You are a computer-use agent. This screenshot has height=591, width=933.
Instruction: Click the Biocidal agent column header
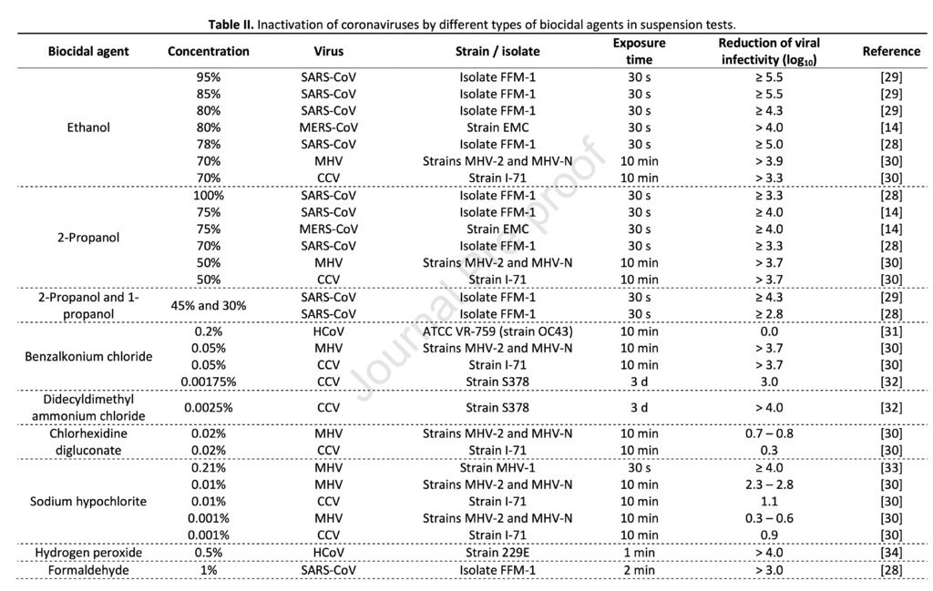tap(88, 51)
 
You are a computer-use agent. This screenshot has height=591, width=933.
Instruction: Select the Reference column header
tap(891, 51)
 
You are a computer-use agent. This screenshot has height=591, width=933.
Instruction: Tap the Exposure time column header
tap(639, 51)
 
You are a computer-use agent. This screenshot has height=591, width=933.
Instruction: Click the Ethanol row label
tap(88, 127)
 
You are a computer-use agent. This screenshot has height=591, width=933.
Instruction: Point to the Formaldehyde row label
tap(88, 570)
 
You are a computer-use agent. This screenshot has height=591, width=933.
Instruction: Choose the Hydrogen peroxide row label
tap(88, 553)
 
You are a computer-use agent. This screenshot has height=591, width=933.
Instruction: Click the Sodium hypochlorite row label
tap(88, 501)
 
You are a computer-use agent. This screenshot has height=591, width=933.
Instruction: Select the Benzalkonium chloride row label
tap(88, 356)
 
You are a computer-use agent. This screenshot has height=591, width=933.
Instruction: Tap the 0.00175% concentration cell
tap(209, 382)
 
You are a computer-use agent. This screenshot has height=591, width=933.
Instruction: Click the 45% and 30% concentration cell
tap(209, 306)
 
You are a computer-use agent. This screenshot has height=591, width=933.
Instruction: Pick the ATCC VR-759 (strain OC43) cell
tap(497, 331)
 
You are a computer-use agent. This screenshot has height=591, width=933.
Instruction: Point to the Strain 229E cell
tap(497, 553)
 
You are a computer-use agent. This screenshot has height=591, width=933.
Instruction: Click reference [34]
tap(891, 553)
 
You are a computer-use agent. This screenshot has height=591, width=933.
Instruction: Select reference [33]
tap(891, 467)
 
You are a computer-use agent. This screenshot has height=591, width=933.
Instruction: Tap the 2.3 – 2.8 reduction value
tap(769, 484)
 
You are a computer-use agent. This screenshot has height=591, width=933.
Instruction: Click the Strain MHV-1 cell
tap(497, 467)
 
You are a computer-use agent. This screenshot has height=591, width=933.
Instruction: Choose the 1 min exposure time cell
tap(639, 553)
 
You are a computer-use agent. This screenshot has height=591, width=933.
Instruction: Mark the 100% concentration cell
tap(209, 195)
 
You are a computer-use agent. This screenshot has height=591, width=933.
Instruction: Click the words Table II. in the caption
tap(231, 25)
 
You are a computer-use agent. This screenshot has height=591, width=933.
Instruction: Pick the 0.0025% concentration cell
tap(209, 407)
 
